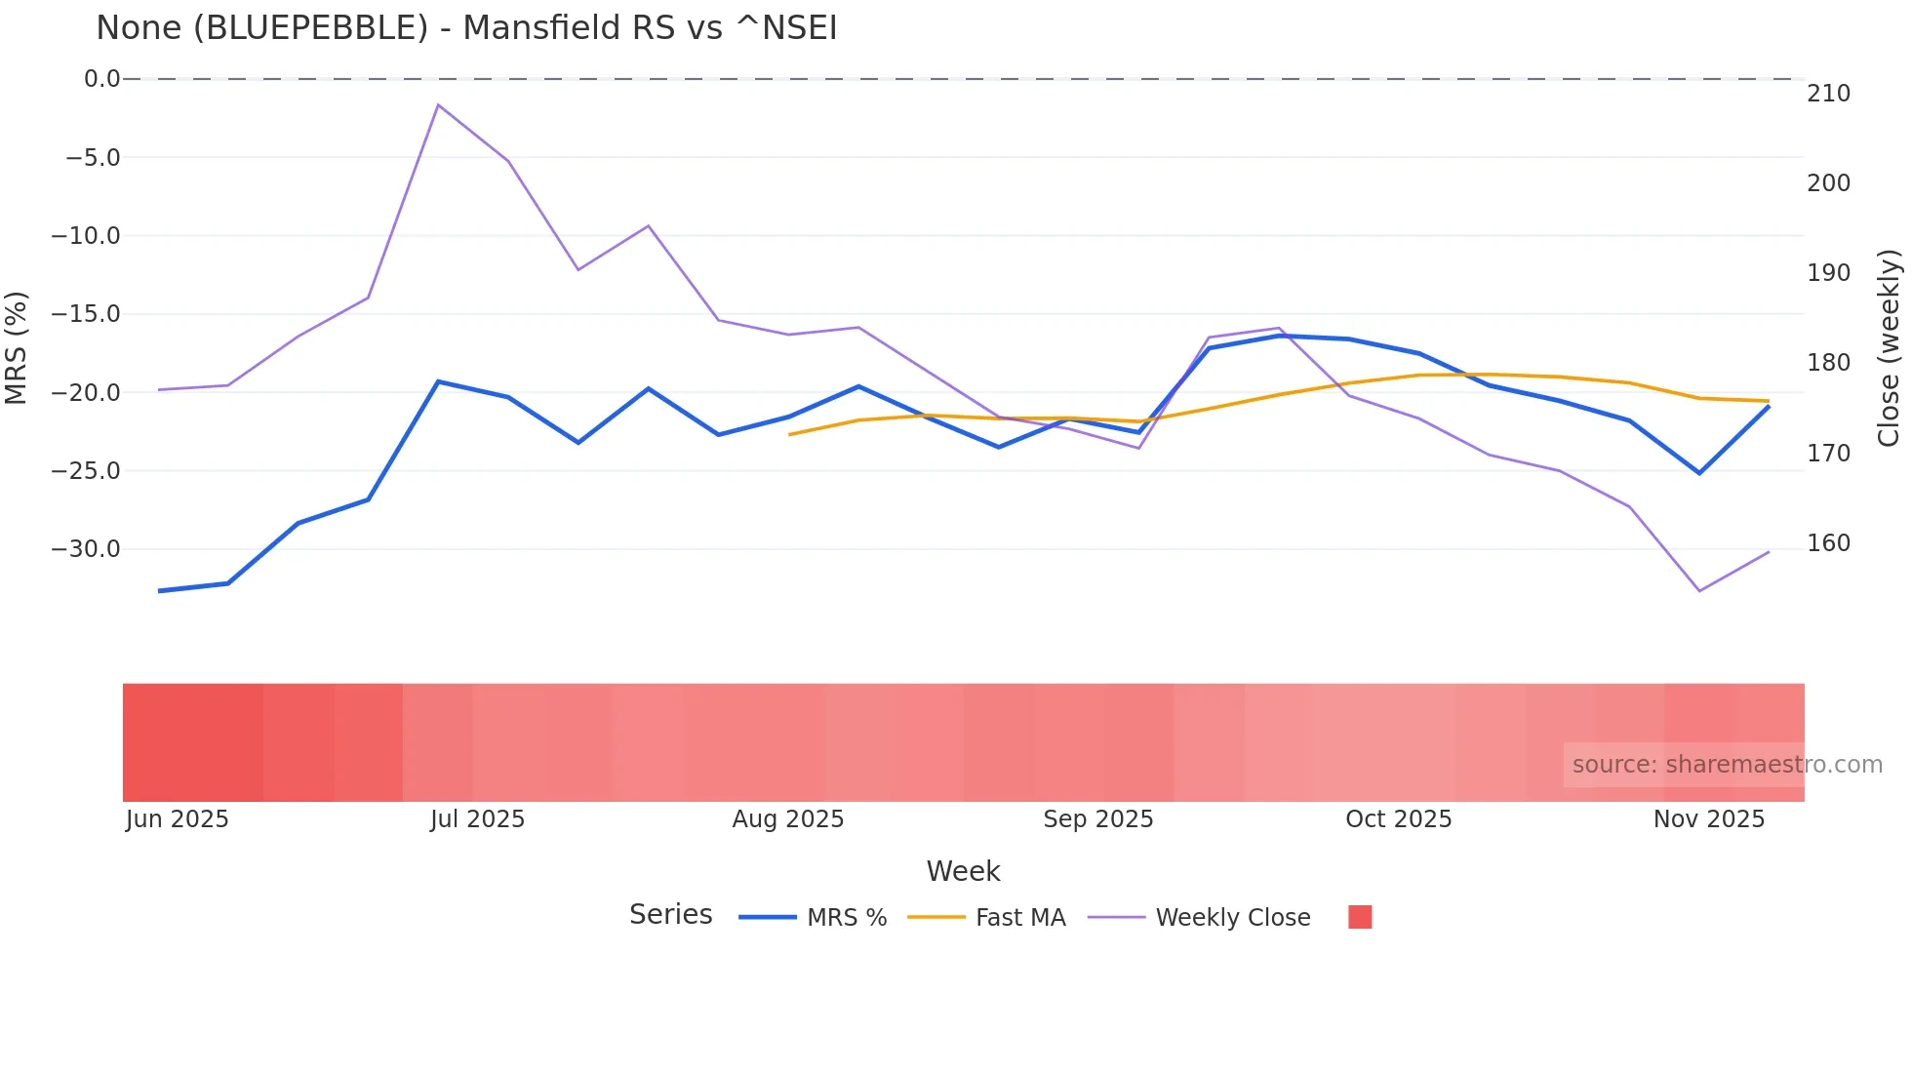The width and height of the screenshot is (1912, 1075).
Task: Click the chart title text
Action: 466,28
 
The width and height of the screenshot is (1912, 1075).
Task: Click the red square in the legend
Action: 1360,917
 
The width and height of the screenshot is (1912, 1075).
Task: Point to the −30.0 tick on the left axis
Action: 86,549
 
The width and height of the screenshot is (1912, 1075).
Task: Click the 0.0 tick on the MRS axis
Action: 101,79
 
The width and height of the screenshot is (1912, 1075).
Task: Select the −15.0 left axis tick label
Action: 86,314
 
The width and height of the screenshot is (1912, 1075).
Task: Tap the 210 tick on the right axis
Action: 1829,94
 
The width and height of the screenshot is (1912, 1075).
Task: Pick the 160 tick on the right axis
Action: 1829,543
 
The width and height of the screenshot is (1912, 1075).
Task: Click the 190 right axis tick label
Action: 1829,273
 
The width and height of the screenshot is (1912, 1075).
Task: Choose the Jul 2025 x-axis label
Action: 477,819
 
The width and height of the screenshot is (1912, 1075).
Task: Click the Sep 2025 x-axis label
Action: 1098,819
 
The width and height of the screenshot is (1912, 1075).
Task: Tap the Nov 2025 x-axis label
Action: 1709,819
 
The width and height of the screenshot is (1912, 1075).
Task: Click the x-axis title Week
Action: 963,871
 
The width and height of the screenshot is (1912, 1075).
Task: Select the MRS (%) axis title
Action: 17,347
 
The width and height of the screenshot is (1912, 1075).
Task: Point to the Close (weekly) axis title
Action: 1890,348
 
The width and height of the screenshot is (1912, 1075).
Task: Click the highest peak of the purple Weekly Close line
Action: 438,104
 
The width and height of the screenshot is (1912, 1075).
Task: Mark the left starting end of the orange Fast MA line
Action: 789,434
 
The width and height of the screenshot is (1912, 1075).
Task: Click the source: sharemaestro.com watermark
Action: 1727,765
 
